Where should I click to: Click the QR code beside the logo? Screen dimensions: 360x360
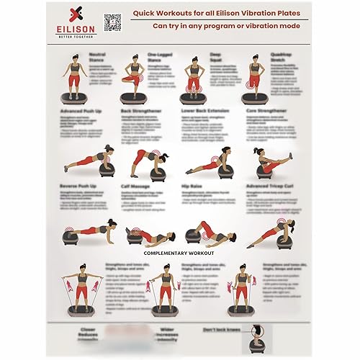pyautogui.click(x=112, y=22)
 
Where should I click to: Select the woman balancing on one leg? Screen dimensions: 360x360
pyautogui.click(x=135, y=76)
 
